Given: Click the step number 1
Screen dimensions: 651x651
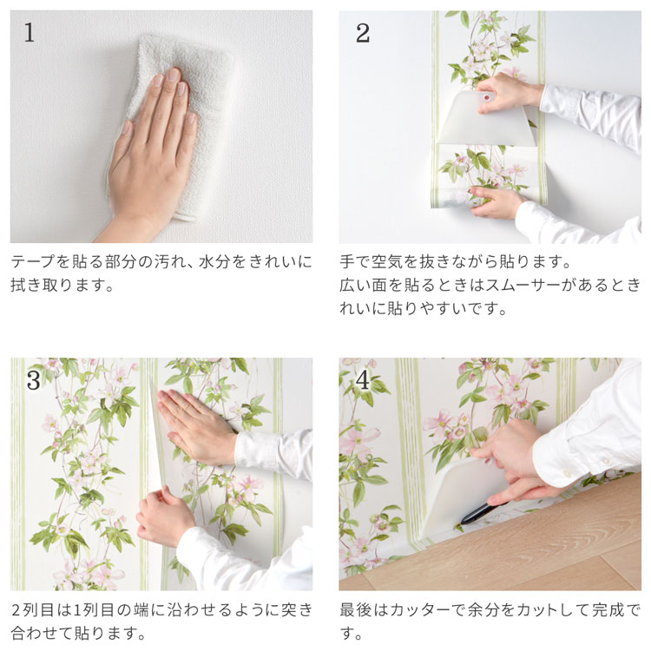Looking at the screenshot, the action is (29, 32).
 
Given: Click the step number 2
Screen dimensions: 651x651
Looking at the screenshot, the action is (363, 33).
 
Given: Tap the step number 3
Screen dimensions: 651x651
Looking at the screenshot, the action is (34, 379).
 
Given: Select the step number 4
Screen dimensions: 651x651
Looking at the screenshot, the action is (363, 379).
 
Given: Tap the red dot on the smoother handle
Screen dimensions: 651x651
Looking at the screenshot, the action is (487, 98).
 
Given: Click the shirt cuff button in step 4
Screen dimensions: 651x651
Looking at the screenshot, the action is (567, 473).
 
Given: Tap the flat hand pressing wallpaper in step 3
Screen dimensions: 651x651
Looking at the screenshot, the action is (195, 428).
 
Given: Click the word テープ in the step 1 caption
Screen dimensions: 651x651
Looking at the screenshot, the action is (32, 261).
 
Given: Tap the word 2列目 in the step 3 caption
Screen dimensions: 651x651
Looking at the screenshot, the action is (32, 610).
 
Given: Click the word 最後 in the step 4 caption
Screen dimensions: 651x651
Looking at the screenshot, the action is (355, 610).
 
